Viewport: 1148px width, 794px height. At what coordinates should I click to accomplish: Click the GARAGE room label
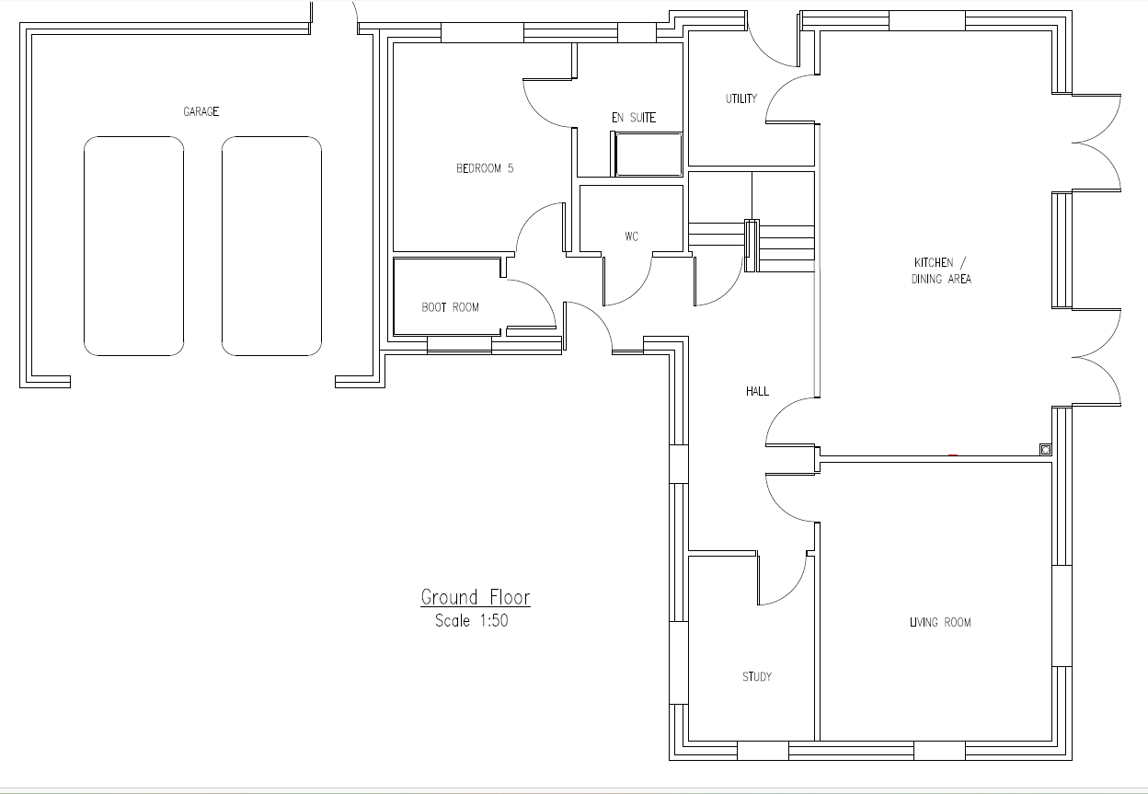click(201, 111)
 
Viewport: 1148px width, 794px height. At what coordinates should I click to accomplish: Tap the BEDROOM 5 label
click(484, 168)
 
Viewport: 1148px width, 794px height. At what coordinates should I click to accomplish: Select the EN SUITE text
click(634, 118)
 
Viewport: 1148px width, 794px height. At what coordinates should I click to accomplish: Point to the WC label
click(631, 236)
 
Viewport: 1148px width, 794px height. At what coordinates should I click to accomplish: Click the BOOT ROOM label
click(450, 307)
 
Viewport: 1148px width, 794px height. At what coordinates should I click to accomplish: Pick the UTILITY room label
click(741, 98)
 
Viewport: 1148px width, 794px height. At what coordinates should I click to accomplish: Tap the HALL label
click(757, 391)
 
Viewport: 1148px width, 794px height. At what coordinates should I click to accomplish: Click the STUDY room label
click(756, 676)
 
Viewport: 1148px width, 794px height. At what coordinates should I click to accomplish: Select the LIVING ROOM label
click(940, 622)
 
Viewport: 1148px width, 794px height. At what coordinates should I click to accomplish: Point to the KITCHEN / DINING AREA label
click(941, 270)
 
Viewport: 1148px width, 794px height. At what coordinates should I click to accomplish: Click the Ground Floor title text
click(475, 598)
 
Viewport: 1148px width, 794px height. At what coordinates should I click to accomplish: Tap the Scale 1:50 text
click(472, 621)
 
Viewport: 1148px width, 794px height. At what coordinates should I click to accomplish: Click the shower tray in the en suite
click(649, 155)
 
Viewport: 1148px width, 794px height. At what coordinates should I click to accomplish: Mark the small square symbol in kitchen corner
click(1046, 450)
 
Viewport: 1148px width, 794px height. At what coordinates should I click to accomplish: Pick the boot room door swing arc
click(541, 293)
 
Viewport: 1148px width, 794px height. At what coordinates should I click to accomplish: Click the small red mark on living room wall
click(953, 455)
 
